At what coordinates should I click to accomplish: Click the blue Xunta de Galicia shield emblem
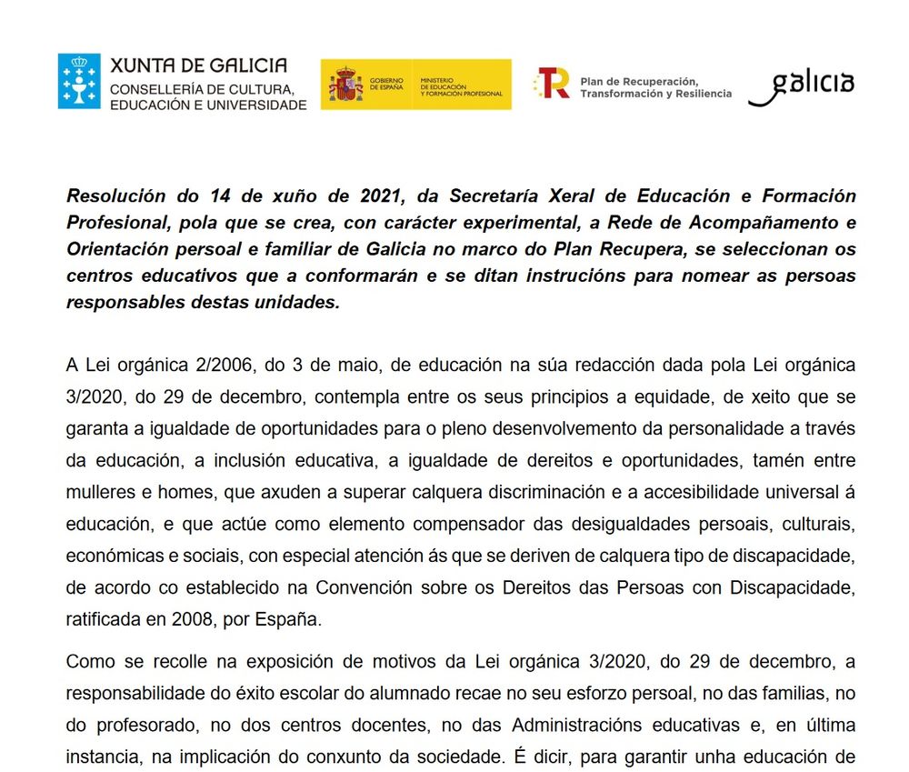pyautogui.click(x=79, y=82)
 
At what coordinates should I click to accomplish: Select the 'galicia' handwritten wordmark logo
pyautogui.click(x=801, y=85)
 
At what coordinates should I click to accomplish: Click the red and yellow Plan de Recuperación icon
pyautogui.click(x=552, y=84)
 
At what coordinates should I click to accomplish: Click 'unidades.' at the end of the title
pyautogui.click(x=298, y=302)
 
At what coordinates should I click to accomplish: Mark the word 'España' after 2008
pyautogui.click(x=294, y=620)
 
